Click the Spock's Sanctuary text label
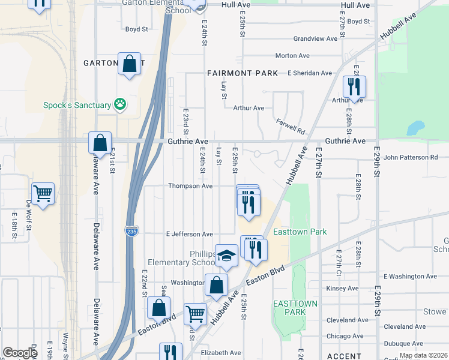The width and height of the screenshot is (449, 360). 77,105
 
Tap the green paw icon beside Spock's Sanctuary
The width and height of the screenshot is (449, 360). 121,104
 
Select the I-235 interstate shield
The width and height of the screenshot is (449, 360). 131,230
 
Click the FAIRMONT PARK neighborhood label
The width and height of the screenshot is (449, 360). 243,73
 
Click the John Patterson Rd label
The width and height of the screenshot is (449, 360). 411,157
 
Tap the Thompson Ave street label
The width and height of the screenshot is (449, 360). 190,186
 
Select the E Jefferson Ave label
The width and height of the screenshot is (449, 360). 190,234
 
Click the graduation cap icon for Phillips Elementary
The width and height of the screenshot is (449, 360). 226,256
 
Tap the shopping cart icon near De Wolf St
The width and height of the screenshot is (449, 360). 43,194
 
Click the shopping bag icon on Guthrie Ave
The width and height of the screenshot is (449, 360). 100,143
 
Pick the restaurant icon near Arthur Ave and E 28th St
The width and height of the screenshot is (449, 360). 354,87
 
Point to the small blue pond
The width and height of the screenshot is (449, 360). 414,128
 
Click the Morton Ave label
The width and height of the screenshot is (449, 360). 292,56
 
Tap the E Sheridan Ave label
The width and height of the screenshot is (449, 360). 309,73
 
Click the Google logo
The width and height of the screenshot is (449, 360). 20,353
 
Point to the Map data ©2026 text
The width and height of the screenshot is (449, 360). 423,355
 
